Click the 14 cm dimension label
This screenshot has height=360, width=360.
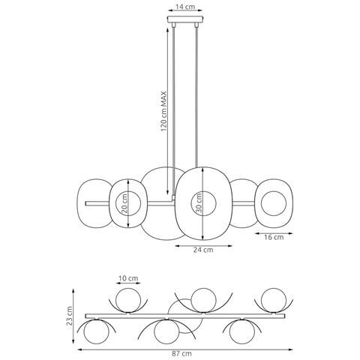click(185, 7)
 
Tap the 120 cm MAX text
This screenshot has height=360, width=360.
click(163, 112)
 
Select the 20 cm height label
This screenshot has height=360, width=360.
click(124, 203)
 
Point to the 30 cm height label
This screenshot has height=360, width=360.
click(199, 203)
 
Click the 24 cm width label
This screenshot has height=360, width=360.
click(203, 250)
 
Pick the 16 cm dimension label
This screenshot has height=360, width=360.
click(274, 237)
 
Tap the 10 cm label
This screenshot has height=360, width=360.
click(128, 278)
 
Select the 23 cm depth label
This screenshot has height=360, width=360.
click(70, 316)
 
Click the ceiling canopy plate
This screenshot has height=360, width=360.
click(185, 19)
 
